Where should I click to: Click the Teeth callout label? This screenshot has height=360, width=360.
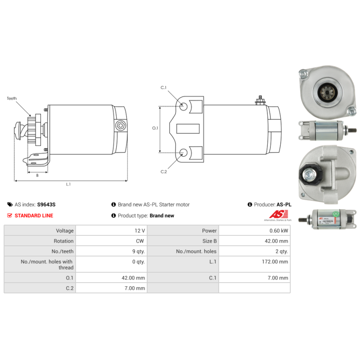pos(12,98)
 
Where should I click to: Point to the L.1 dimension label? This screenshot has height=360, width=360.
pos(68,184)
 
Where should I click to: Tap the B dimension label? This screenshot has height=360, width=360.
pos(37,175)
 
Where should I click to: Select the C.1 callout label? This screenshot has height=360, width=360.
pos(164,87)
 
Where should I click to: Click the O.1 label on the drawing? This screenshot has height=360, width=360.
pos(155,128)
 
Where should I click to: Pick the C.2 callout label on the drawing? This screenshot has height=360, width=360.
pos(164,171)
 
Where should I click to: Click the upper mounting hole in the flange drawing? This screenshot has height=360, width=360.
pos(184,107)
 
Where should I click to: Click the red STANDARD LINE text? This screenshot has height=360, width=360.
pos(34,216)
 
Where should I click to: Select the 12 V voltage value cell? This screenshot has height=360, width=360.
pos(139,230)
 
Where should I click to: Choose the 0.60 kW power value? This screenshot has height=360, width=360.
pos(279,230)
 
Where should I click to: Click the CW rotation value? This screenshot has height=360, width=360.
pos(140,241)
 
